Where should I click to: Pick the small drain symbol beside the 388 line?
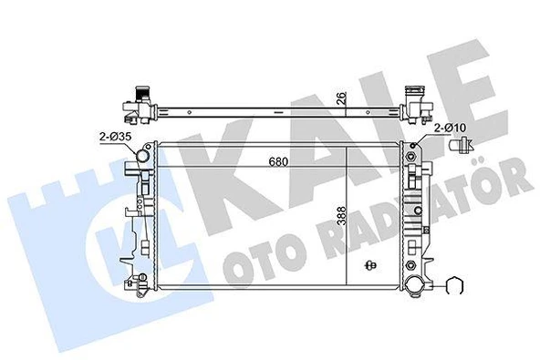(x=369, y=266)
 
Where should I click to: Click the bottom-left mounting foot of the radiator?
(x=144, y=292)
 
